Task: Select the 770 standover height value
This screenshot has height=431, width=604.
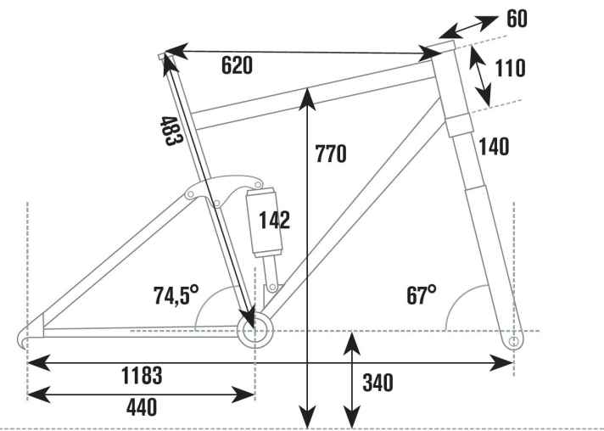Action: pos(331,154)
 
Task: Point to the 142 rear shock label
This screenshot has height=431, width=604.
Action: pos(274,221)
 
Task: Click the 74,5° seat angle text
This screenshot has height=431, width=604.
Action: pos(176,295)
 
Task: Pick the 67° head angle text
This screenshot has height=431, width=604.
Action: pos(421,295)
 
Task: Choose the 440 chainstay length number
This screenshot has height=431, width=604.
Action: pos(142,408)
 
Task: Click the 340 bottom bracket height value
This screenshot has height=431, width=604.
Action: pos(377,383)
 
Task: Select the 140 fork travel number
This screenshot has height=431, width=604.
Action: pos(493,147)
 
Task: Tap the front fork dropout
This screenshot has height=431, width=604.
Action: pos(513,341)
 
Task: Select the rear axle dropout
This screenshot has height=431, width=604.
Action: pos(26,339)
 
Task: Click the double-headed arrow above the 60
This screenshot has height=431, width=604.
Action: pos(470,26)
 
